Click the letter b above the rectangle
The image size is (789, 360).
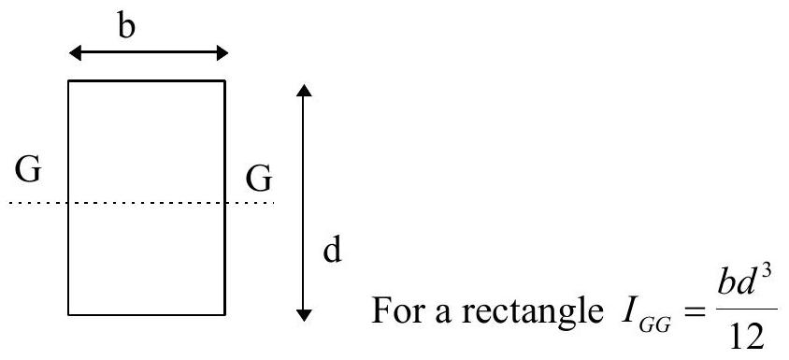click(x=127, y=26)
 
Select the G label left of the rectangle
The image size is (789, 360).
click(x=28, y=170)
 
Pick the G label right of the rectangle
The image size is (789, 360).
click(x=259, y=180)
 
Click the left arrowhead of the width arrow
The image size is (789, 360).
click(x=75, y=52)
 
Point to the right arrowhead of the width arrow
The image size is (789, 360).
click(x=222, y=52)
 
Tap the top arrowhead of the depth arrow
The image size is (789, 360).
click(x=304, y=91)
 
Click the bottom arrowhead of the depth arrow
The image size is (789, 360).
click(x=304, y=315)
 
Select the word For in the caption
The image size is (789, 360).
click(x=393, y=310)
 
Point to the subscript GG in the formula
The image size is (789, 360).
click(x=654, y=325)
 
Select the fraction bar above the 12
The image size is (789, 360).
click(x=747, y=309)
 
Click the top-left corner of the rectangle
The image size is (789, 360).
click(x=69, y=80)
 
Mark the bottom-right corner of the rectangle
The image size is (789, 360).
click(x=225, y=315)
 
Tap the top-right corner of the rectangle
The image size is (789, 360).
click(x=225, y=80)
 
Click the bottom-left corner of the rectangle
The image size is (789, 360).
click(x=69, y=315)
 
